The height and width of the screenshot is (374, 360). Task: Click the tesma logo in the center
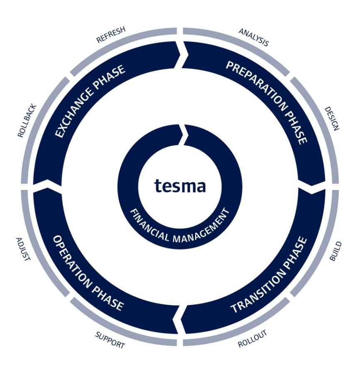180,186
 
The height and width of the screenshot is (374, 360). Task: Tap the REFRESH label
111,34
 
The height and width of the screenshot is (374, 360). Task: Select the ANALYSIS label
254,37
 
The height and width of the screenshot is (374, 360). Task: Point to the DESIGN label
332,118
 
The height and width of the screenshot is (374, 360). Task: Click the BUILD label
336,251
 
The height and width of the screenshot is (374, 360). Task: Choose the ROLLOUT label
252,339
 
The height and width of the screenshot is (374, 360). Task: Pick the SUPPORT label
110,340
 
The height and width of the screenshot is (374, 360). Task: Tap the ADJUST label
23,249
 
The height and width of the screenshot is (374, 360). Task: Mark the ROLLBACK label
27,121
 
